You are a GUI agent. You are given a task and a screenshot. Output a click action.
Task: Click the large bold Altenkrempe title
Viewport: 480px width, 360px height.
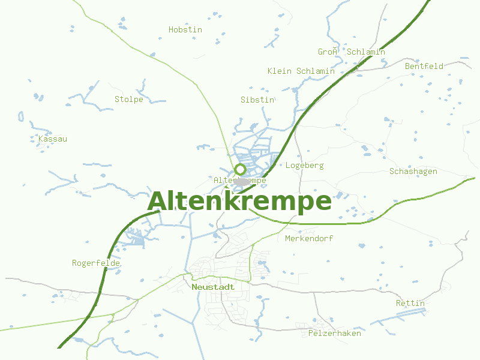point(239,202)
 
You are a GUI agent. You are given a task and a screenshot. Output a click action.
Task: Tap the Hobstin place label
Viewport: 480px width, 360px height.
point(185,29)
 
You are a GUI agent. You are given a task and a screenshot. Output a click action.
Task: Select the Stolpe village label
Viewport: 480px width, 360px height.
point(129,99)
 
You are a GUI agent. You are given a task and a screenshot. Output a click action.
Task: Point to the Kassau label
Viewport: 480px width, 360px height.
point(53,139)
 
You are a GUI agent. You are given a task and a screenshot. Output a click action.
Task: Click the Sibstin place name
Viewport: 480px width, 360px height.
point(257,100)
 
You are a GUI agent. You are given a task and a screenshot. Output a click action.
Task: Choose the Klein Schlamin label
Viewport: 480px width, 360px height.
point(301,71)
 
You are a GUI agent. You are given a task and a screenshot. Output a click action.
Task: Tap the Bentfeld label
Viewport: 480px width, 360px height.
point(424,66)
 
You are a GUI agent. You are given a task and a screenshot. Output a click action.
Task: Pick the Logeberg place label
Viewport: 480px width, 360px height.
point(305,165)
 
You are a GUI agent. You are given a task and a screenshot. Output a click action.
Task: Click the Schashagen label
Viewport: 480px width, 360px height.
point(413,172)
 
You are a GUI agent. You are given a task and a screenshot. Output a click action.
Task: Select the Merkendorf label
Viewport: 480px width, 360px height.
point(309,238)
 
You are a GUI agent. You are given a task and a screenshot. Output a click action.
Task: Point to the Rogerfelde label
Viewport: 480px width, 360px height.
point(96,263)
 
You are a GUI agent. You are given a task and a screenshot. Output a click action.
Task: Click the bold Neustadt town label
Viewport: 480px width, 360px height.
point(213,287)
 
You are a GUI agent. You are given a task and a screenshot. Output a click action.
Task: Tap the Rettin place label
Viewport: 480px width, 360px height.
point(410,303)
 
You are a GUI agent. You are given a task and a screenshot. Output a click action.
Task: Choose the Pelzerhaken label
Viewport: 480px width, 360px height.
point(335,333)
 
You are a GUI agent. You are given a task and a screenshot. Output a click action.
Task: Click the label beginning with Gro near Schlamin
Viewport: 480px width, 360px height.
point(352,52)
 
